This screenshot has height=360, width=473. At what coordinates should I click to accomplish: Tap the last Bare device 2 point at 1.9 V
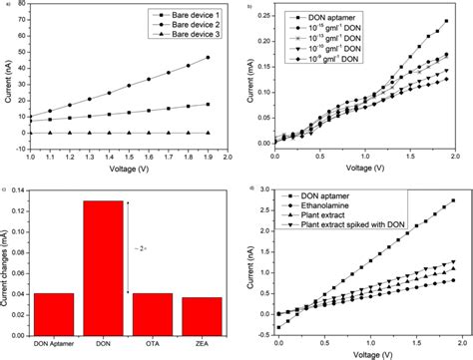point(206,58)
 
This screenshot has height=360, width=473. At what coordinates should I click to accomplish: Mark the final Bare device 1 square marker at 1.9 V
point(206,104)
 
